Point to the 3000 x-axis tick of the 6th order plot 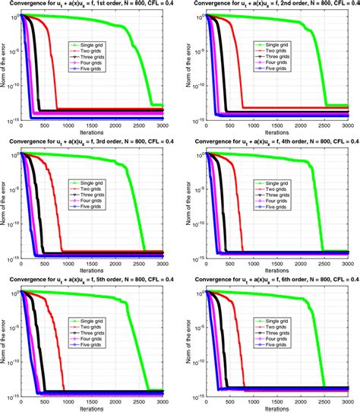pyautogui.click(x=348, y=399)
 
